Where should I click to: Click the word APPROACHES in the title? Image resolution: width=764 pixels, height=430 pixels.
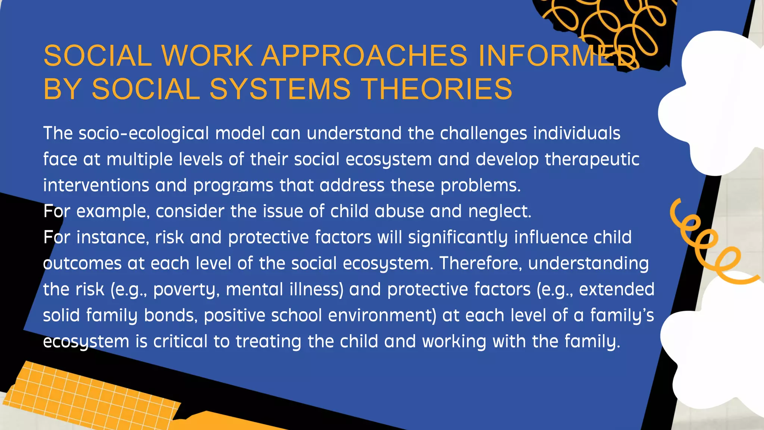[x=364, y=56]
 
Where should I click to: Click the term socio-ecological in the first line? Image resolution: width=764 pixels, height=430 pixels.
[x=144, y=134]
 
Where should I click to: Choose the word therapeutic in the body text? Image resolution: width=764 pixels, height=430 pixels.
[x=592, y=160]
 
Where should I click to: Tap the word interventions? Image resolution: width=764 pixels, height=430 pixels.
[x=96, y=186]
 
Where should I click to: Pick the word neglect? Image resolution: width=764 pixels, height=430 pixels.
[x=499, y=212]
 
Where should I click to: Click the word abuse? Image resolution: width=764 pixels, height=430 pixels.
[x=399, y=212]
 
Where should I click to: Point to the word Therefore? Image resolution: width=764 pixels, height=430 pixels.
[x=480, y=264]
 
